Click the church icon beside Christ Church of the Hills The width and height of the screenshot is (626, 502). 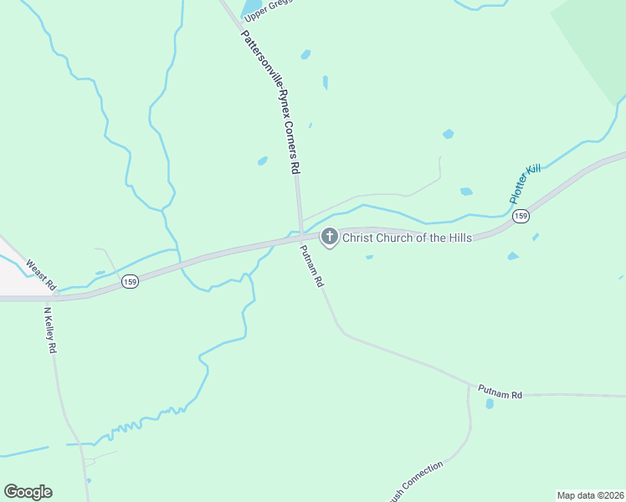[x=329, y=238]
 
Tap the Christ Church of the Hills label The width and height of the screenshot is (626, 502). [x=407, y=238]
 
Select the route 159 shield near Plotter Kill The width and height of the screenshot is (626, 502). [x=521, y=216]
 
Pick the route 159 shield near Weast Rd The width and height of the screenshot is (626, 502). [x=130, y=282]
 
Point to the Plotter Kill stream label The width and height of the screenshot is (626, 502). [x=526, y=184]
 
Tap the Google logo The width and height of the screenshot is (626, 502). [x=28, y=492]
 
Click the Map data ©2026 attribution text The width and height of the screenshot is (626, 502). [x=590, y=494]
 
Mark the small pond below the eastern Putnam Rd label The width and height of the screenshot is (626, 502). [x=490, y=404]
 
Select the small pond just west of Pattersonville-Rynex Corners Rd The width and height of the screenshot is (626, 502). [x=262, y=161]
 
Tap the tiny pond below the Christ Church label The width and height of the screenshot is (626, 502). [x=369, y=257]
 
